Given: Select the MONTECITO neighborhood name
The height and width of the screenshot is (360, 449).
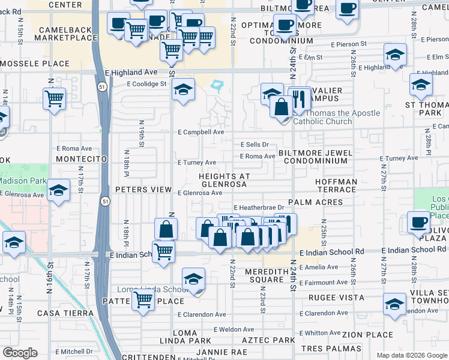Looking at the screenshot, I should pos(81,158).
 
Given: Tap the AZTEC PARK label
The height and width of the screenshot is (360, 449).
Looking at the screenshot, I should pos(270,340).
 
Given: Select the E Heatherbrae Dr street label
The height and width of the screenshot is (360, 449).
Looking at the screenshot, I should pos(262,208).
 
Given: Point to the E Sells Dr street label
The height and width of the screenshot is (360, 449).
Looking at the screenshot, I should pos(255,145).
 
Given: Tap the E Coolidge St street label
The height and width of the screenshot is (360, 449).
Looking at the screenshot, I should pos(146,85).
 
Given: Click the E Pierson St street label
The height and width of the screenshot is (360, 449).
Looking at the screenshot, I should pos(349,44).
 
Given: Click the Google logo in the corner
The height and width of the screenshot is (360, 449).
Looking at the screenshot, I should pos(20,353).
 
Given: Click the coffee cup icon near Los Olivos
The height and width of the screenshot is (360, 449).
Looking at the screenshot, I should pos(419,221).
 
